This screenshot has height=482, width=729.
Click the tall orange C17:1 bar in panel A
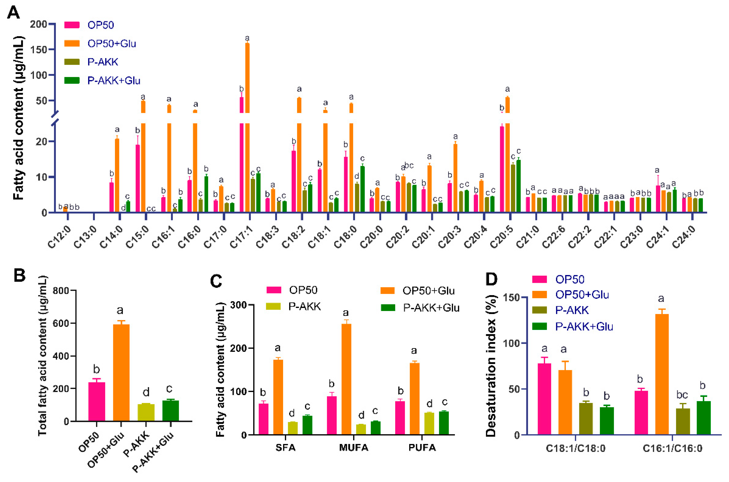pos(247,123)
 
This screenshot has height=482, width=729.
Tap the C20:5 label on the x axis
pos(501,237)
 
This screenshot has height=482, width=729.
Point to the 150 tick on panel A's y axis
pos(38,50)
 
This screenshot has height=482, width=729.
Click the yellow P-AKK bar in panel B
pos(146,412)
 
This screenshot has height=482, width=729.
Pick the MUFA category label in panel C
pos(354,448)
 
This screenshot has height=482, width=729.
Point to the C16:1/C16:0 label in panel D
pos(672,449)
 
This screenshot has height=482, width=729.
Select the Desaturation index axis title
pos(491,366)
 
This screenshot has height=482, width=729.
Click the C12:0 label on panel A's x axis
pos(59,237)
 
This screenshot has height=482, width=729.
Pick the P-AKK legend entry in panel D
pos(572,310)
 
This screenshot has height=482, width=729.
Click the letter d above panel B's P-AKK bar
pos(146,392)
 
